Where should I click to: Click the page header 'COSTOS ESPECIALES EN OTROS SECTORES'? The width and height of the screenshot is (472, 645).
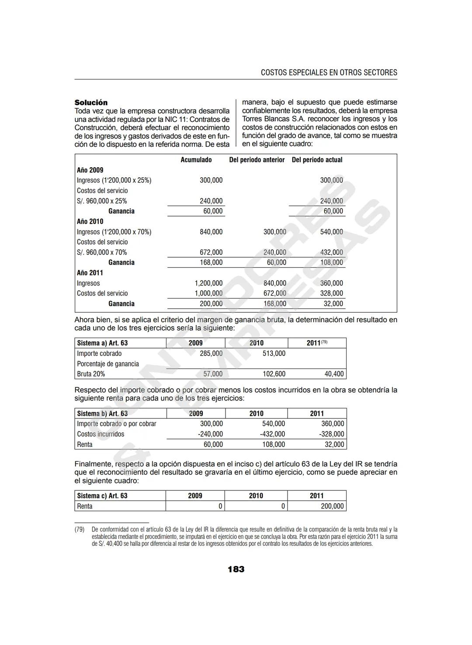(329, 72)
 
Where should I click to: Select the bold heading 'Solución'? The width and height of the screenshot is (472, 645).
(91, 103)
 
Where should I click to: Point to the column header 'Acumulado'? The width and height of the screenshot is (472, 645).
(196, 160)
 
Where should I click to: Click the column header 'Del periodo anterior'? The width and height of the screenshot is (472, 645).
(257, 160)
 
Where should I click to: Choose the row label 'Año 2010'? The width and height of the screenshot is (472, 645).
(90, 221)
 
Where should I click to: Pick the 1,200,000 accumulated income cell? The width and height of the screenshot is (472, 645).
(208, 283)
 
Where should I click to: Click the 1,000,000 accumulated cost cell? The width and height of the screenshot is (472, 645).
(208, 293)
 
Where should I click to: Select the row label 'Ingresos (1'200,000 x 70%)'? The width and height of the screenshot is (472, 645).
(114, 232)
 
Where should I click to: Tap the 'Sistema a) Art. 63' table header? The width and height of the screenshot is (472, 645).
(102, 343)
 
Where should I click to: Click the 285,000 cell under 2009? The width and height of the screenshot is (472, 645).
(211, 353)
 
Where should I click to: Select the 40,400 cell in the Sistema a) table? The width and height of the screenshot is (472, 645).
(334, 374)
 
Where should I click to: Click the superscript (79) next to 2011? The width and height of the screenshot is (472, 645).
(324, 342)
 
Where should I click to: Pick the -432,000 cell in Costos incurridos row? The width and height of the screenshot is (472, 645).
(272, 434)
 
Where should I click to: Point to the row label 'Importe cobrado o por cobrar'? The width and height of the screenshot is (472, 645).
(116, 424)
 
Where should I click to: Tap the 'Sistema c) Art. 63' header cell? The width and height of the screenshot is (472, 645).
(102, 496)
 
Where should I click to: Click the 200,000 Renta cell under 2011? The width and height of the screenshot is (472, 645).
(333, 506)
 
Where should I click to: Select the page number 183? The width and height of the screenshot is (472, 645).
(236, 569)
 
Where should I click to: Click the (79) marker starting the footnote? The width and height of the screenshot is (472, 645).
(79, 529)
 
